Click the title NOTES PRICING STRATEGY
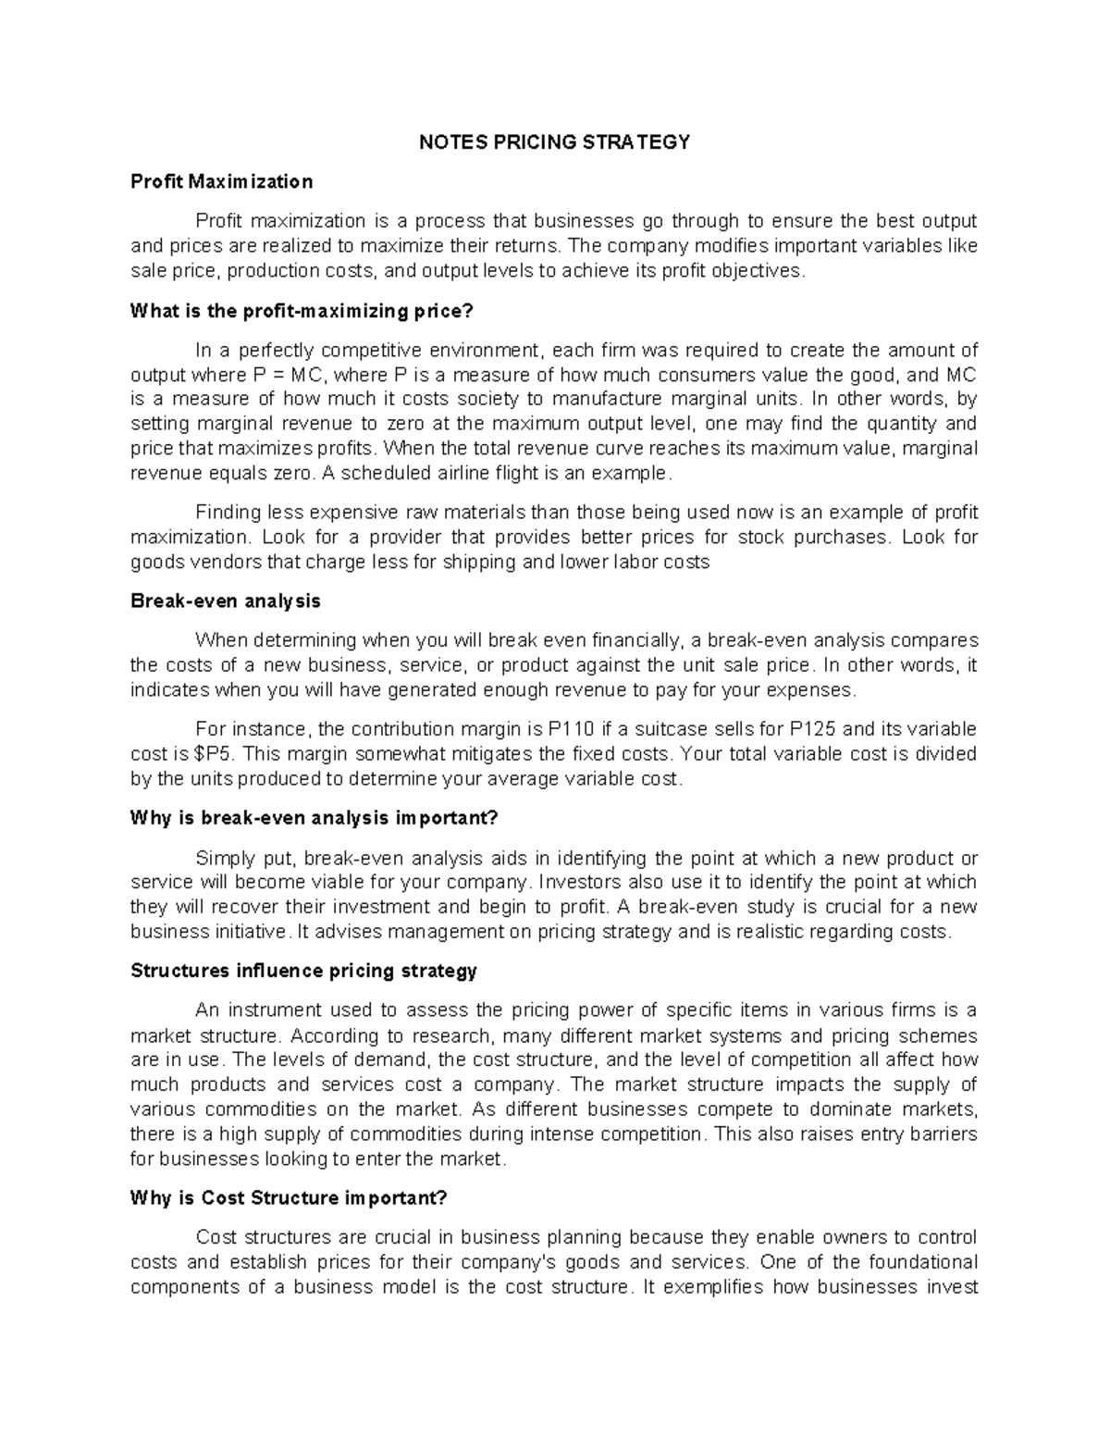(x=555, y=142)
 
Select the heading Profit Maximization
(x=221, y=181)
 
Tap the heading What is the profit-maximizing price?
(x=302, y=311)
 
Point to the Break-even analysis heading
(x=226, y=601)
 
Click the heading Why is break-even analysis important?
(x=314, y=818)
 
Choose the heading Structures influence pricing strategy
(x=303, y=971)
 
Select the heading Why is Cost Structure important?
(x=289, y=1198)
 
